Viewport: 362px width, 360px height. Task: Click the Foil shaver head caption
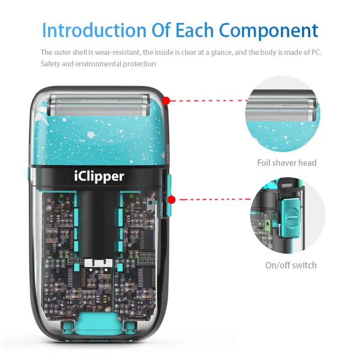click(287, 163)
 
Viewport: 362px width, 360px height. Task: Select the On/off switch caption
click(291, 265)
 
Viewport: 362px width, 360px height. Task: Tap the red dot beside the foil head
click(166, 100)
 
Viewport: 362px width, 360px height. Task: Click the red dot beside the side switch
click(172, 199)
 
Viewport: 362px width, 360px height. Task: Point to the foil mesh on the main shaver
click(99, 104)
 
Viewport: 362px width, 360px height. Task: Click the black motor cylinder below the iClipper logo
click(99, 220)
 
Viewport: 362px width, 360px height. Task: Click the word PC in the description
click(316, 52)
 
